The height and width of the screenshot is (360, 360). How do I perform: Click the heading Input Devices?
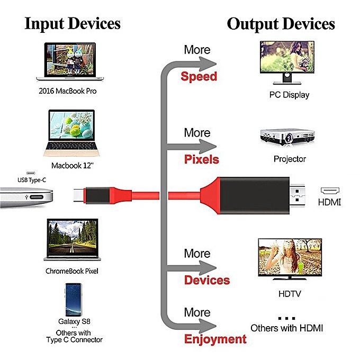(x=73, y=24)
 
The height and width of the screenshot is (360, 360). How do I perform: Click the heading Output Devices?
(x=281, y=24)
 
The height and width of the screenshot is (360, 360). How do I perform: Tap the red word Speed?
(x=199, y=76)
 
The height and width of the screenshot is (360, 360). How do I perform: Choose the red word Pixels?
(x=201, y=159)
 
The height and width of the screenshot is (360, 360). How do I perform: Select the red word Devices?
(x=207, y=280)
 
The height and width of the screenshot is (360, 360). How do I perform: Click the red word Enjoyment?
(x=215, y=339)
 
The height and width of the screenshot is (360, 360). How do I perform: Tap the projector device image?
(x=287, y=137)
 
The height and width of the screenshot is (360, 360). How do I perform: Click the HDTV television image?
(x=289, y=259)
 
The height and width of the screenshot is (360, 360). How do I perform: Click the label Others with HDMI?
(x=286, y=328)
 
